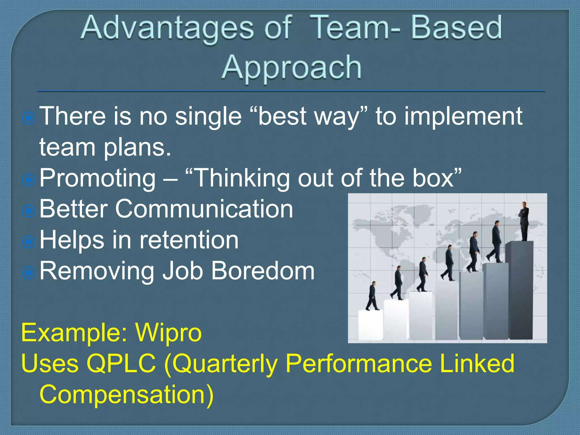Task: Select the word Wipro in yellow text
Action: point(169,333)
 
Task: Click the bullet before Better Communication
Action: point(28,210)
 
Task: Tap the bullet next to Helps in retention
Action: point(28,242)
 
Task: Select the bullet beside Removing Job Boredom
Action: point(28,272)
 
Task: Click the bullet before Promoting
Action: point(28,180)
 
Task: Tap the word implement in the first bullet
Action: point(463,116)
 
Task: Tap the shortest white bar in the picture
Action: point(370,324)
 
